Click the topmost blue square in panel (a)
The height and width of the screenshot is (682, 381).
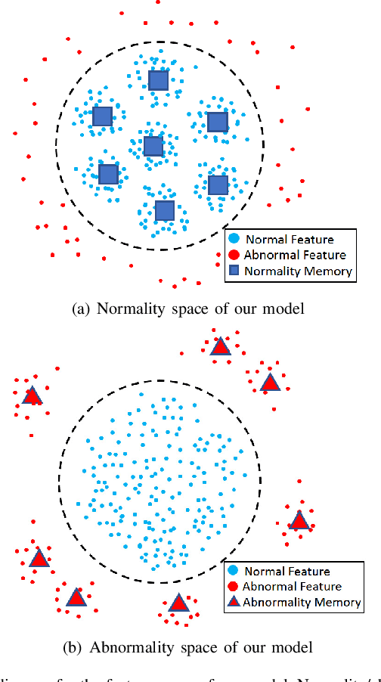coord(158,80)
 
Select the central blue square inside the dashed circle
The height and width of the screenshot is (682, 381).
coord(153,146)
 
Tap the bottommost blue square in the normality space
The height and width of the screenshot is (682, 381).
coord(164,210)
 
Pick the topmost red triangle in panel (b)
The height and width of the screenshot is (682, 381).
coord(220,346)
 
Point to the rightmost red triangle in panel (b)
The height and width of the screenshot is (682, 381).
coord(299,520)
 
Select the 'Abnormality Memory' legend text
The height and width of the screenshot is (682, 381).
coord(292,601)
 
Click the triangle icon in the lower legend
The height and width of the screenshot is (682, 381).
coord(234,601)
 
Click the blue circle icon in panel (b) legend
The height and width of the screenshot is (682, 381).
coord(234,571)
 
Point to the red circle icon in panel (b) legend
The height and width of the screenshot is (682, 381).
coord(234,586)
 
